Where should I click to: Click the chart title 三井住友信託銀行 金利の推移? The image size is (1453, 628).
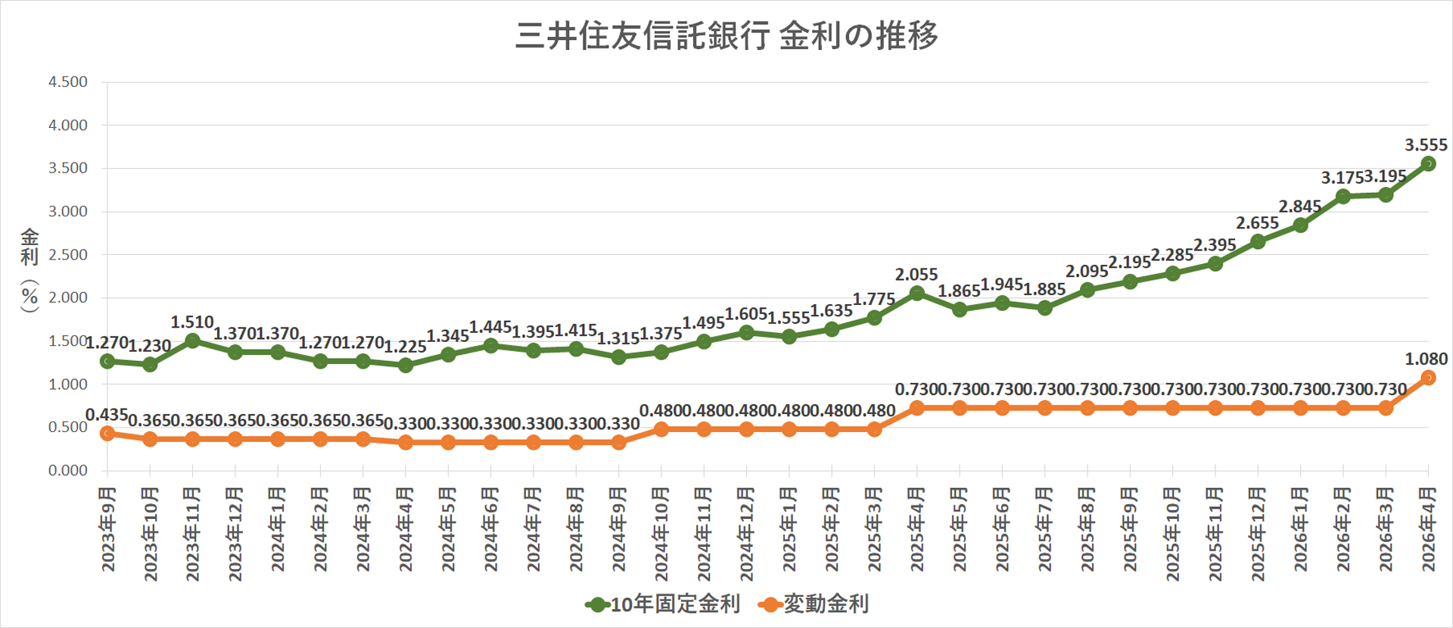pyautogui.click(x=726, y=36)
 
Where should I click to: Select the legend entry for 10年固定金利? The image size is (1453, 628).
pyautogui.click(x=664, y=604)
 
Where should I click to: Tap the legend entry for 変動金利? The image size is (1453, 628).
pyautogui.click(x=814, y=604)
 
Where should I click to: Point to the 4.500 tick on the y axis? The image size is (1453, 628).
pyautogui.click(x=68, y=82)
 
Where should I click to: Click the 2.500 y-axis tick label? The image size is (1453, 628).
pyautogui.click(x=68, y=254)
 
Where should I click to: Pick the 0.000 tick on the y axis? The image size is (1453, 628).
pyautogui.click(x=68, y=471)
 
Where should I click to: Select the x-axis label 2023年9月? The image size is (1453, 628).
pyautogui.click(x=108, y=529)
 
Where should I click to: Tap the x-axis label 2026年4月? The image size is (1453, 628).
pyautogui.click(x=1428, y=529)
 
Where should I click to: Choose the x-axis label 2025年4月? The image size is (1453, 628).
pyautogui.click(x=917, y=529)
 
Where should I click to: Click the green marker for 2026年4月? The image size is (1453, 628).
pyautogui.click(x=1428, y=163)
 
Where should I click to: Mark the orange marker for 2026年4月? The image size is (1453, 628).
pyautogui.click(x=1428, y=378)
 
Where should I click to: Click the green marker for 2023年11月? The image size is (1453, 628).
pyautogui.click(x=192, y=340)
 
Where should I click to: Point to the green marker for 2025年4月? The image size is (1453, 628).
pyautogui.click(x=917, y=293)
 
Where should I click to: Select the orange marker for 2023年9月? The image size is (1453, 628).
pyautogui.click(x=107, y=433)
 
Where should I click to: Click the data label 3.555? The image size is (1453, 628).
pyautogui.click(x=1426, y=145)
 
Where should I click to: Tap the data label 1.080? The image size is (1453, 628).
pyautogui.click(x=1426, y=359)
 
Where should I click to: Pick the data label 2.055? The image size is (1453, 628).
pyautogui.click(x=916, y=274)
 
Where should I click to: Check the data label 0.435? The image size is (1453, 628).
pyautogui.click(x=106, y=415)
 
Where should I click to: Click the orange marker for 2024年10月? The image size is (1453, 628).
pyautogui.click(x=661, y=429)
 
